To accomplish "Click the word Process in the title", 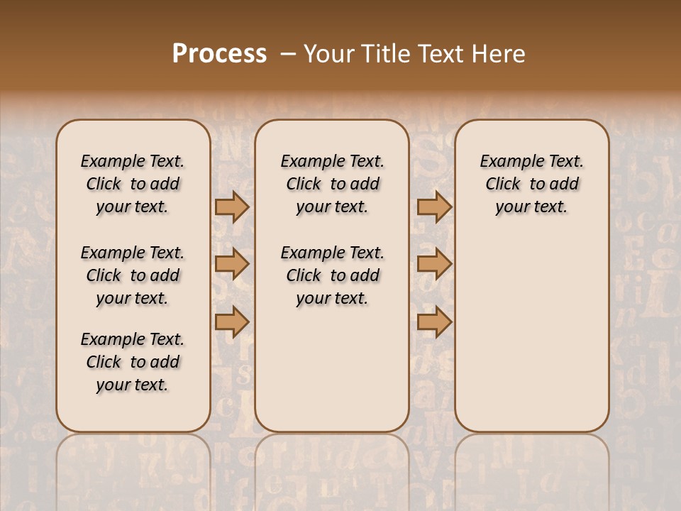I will [x=219, y=54].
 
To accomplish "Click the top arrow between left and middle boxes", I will [x=232, y=207].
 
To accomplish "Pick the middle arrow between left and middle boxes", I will [x=232, y=264].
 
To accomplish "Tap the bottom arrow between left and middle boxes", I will [x=232, y=322].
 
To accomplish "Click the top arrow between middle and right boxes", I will [x=434, y=207].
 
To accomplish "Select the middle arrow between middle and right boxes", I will [x=434, y=264].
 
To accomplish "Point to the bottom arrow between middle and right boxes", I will [x=434, y=322].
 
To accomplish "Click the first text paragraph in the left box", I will [x=133, y=184].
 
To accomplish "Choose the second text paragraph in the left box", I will [x=133, y=275].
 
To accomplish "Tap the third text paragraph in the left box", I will [x=133, y=362].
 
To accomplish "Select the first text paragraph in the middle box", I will [x=333, y=184].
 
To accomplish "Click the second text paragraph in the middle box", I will [x=333, y=275].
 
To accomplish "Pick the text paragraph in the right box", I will [x=532, y=184].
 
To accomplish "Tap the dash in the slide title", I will [x=288, y=54].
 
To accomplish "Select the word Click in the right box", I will [x=503, y=184].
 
